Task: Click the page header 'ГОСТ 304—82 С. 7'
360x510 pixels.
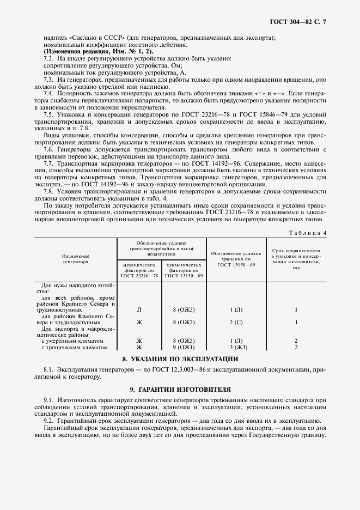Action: pyautogui.click(x=301, y=22)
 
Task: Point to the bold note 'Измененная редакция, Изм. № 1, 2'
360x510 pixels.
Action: pyautogui.click(x=98, y=51)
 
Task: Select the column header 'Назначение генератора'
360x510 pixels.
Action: pyautogui.click(x=75, y=258)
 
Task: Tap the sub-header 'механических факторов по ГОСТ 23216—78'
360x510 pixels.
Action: pyautogui.click(x=139, y=270)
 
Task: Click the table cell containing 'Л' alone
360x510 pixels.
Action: pyautogui.click(x=139, y=309)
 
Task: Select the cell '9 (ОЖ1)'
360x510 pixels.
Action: pyautogui.click(x=184, y=347)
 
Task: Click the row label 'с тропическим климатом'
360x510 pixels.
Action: pyautogui.click(x=75, y=347)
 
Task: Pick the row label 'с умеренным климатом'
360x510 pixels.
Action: pyautogui.click(x=73, y=341)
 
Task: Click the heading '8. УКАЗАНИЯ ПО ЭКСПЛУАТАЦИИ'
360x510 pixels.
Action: pyautogui.click(x=180, y=359)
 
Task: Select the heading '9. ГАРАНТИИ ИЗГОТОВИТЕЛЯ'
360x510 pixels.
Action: pyautogui.click(x=180, y=390)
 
